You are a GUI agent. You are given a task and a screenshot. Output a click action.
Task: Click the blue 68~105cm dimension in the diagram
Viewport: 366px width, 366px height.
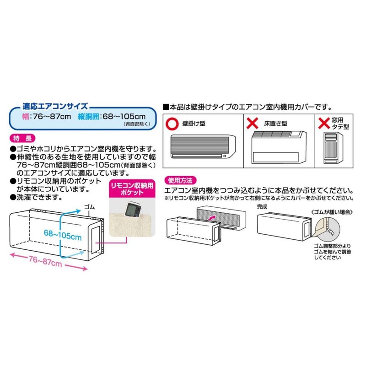[63, 237]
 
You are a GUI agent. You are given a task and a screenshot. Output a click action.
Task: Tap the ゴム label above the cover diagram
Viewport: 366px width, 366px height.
[90, 207]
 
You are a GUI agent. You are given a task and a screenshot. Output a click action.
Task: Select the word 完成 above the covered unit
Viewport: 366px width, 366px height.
[262, 206]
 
